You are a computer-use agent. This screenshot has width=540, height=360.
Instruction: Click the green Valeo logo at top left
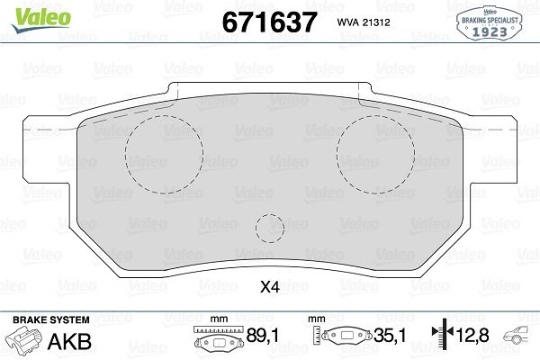(x=41, y=20)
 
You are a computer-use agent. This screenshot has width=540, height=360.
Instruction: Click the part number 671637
(x=269, y=22)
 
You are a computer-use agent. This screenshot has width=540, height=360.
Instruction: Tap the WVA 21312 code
(x=364, y=22)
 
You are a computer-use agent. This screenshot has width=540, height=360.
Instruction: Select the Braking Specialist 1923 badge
(x=490, y=23)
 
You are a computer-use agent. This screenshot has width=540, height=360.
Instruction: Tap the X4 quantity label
(x=270, y=286)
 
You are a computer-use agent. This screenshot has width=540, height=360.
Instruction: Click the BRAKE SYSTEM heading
(x=51, y=319)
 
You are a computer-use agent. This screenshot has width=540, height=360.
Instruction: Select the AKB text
(x=69, y=341)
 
